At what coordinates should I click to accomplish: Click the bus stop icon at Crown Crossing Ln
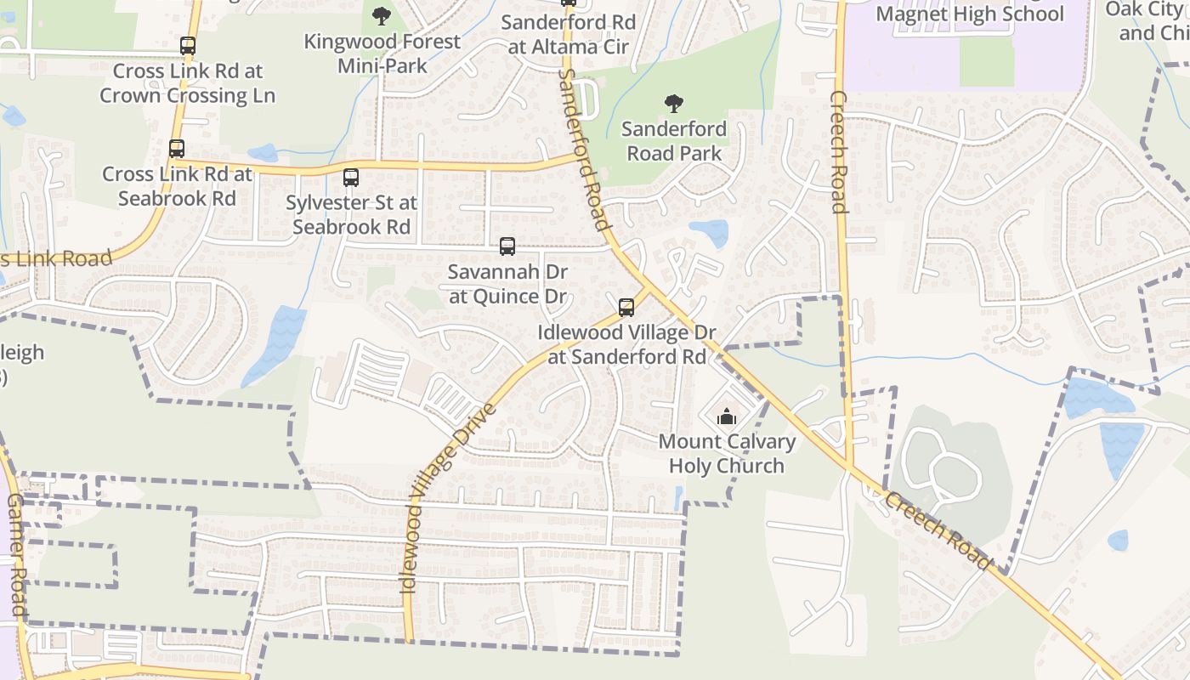point(188,46)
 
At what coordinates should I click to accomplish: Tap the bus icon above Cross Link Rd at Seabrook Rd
point(177,149)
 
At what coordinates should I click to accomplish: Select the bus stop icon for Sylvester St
point(350,178)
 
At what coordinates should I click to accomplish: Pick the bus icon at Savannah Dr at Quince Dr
point(507,246)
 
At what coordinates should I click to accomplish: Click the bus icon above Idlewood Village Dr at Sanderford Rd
point(626,308)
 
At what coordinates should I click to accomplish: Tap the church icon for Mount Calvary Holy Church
point(727,417)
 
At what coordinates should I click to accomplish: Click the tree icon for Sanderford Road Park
point(674,105)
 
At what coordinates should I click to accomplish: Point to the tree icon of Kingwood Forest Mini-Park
point(382,15)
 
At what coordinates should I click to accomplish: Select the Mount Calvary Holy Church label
point(727,454)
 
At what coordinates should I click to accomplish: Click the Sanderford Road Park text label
point(674,141)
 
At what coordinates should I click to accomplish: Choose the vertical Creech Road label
point(838,151)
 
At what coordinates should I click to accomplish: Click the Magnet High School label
point(969,14)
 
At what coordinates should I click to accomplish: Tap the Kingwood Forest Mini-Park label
point(382,53)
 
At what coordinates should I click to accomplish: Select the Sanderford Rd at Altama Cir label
point(568,34)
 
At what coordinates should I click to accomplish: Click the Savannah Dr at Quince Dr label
point(507,284)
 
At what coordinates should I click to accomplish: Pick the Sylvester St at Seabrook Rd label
point(351,215)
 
